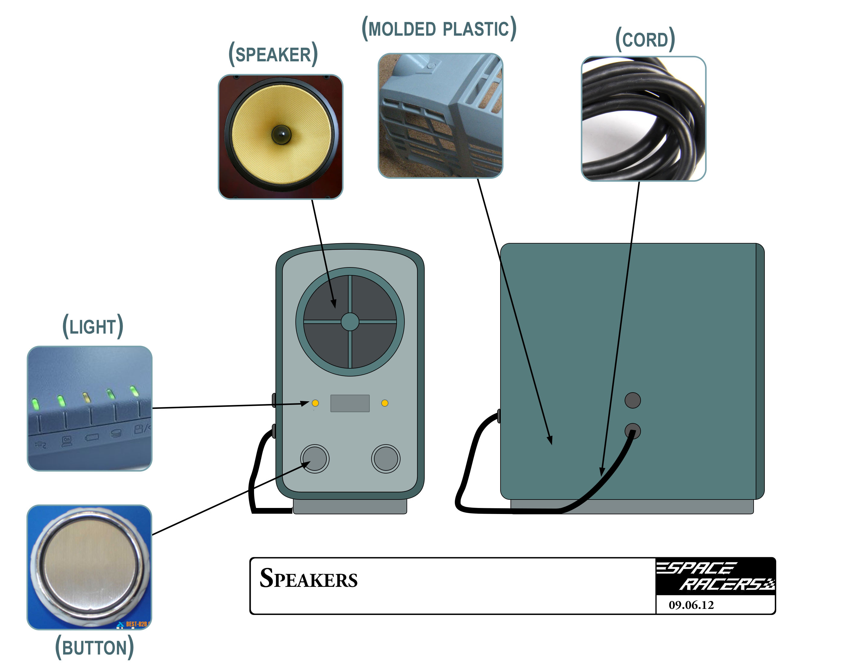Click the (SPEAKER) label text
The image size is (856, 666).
click(x=273, y=54)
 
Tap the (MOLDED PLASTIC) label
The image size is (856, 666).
click(x=439, y=29)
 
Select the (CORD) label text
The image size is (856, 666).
click(x=645, y=40)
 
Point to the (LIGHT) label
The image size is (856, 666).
click(x=93, y=326)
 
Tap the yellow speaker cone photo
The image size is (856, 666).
click(x=281, y=137)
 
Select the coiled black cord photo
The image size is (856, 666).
click(x=643, y=118)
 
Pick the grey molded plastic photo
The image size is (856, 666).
click(x=440, y=116)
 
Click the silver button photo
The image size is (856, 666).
click(x=89, y=567)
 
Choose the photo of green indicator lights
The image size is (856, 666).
click(x=89, y=408)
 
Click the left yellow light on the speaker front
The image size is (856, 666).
click(x=315, y=403)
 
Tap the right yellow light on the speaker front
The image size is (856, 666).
click(x=385, y=403)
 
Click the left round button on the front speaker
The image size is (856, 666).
click(x=315, y=458)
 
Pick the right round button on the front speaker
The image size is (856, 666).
click(x=386, y=458)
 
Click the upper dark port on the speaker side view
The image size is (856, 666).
click(x=632, y=400)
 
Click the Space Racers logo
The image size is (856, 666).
click(x=715, y=576)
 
